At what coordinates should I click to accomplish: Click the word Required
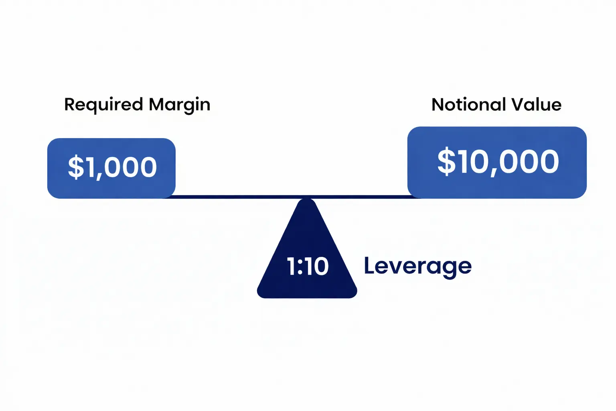tap(103, 105)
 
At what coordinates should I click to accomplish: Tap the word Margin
tap(179, 105)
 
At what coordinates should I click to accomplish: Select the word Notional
tap(468, 105)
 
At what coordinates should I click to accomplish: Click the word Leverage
tap(417, 266)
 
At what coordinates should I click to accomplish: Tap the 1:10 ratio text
tap(308, 267)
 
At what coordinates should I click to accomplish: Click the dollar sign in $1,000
tap(76, 167)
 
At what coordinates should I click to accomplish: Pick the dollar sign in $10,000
tap(446, 162)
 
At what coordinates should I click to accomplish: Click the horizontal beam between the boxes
tap(241, 197)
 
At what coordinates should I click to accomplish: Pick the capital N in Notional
tap(438, 105)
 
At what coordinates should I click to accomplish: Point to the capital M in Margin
tap(157, 104)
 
